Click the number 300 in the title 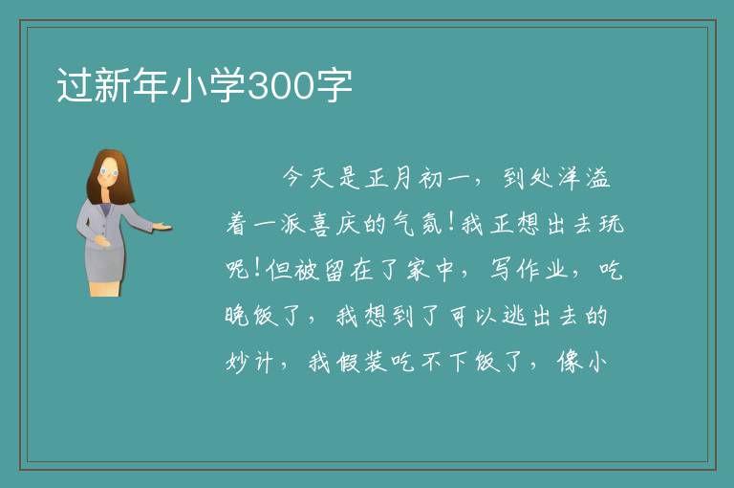280,86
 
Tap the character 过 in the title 75,85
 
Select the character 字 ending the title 333,85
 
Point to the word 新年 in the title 132,85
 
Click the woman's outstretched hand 162,227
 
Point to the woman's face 109,173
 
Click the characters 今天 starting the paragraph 308,178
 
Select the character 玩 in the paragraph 612,224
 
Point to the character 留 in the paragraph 335,270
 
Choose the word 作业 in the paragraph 543,270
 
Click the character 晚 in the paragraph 237,316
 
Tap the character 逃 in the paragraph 514,316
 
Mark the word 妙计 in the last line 249,362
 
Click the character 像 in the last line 571,362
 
